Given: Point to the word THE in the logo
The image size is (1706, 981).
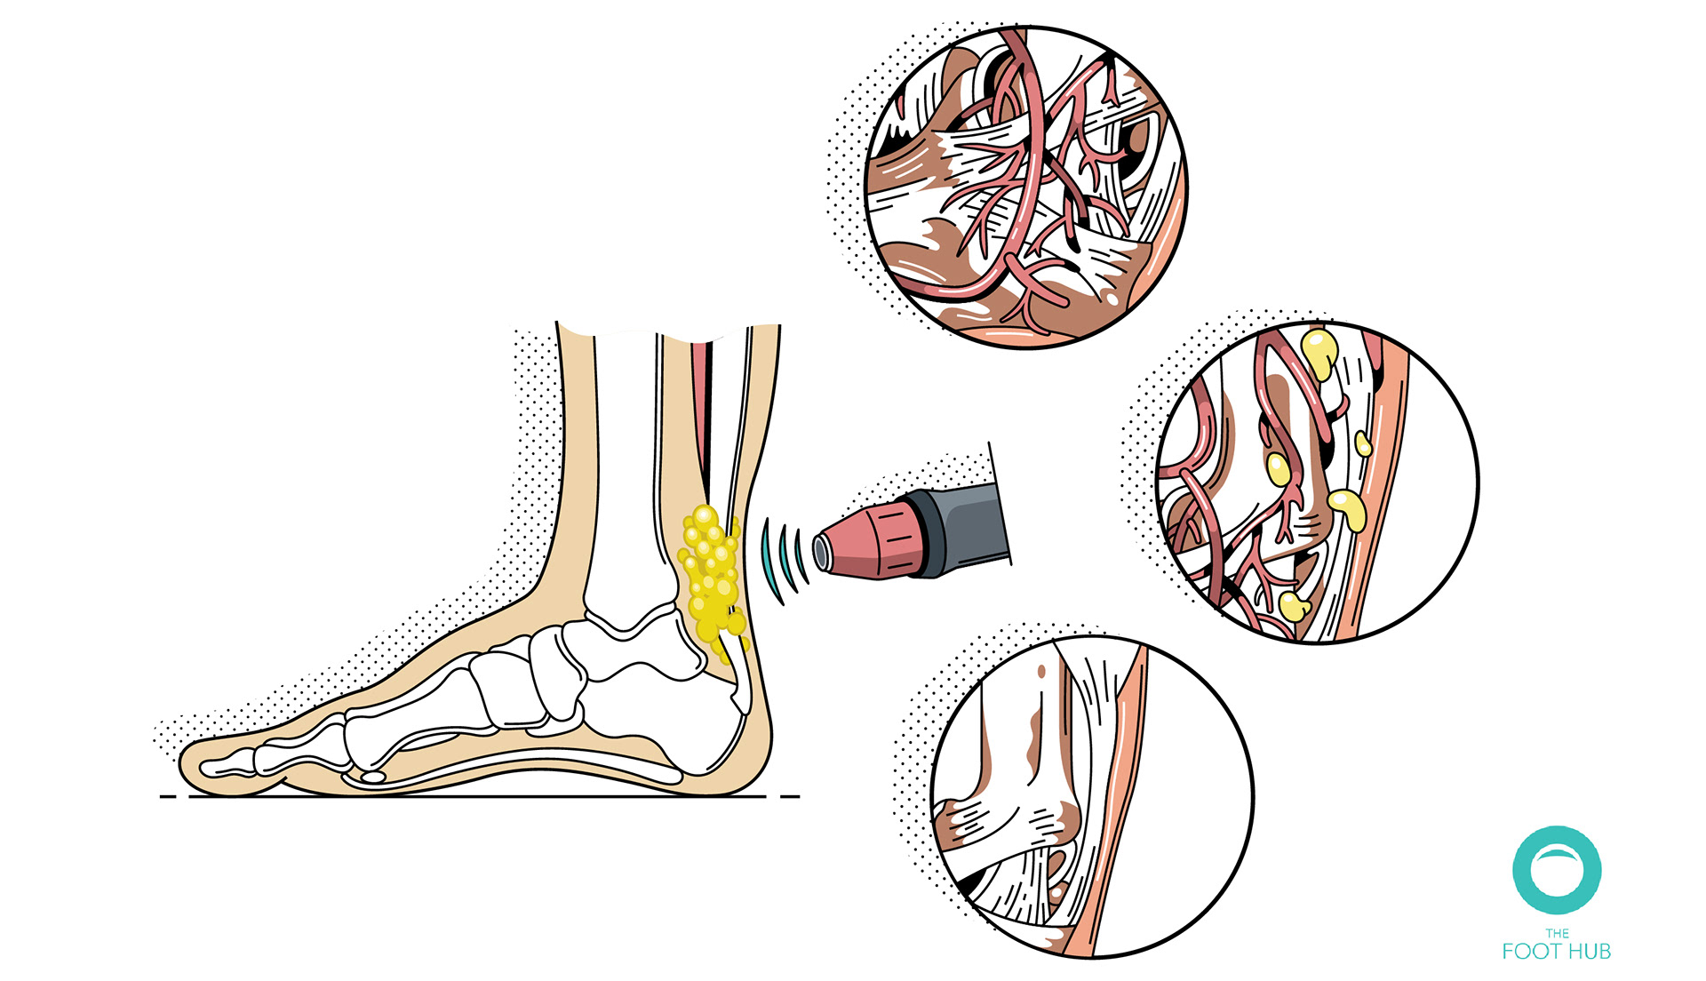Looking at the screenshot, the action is pos(1557,933).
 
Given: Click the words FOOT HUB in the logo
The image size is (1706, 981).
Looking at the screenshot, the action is pos(1556,952).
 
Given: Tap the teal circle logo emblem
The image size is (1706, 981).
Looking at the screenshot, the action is pos(1557,870).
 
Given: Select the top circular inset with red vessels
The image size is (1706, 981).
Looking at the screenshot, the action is pos(1026,187).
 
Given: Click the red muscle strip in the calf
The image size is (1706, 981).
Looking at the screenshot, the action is pos(705,400).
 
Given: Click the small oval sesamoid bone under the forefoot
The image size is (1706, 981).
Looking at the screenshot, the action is pos(372,777).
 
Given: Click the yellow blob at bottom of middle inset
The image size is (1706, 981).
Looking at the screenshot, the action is pos(1293,608).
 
